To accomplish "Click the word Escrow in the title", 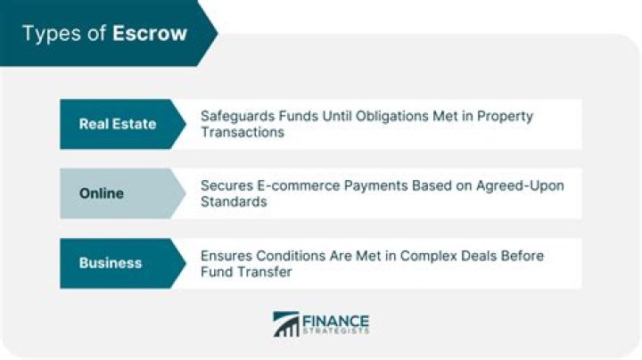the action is point(150,33).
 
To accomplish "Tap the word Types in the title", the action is point(53,34).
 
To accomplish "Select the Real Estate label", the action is point(118,124).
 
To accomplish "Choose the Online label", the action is point(101,193).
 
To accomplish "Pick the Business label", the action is point(111,263).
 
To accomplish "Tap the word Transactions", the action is point(243,132).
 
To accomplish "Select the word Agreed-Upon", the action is point(520,186).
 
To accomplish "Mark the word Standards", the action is point(234,201).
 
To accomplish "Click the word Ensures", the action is point(226,256).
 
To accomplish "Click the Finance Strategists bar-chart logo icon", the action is point(286,324).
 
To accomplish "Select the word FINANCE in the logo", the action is point(336,321).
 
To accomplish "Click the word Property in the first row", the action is point(505,117).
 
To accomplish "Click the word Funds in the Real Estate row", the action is point(298,116).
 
